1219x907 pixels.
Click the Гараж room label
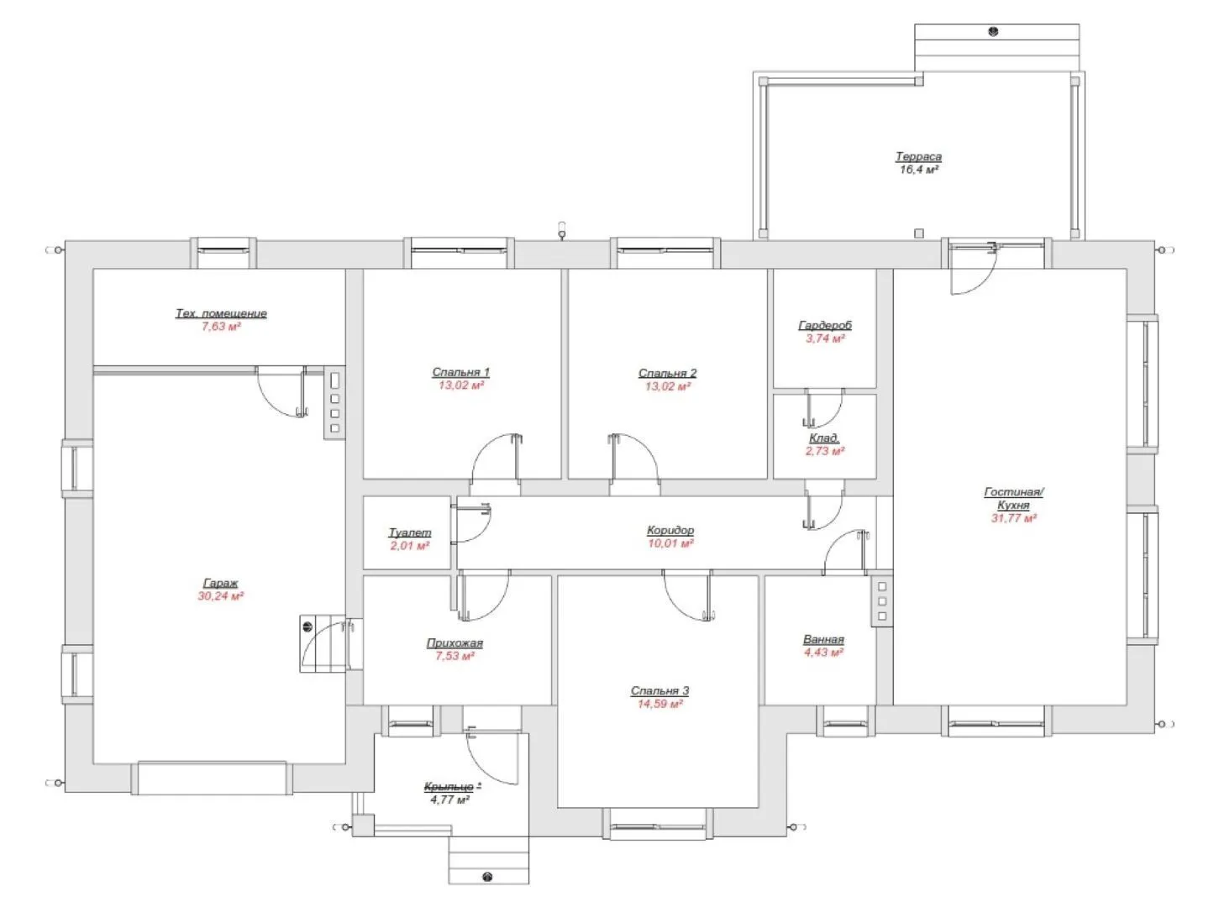[x=220, y=583]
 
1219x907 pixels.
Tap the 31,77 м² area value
[x=1013, y=517]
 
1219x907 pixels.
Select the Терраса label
[x=918, y=156]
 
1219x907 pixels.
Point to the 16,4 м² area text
[x=918, y=170]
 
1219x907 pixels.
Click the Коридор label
[x=670, y=530]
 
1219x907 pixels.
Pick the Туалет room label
[x=410, y=533]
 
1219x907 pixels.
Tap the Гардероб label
[x=825, y=325]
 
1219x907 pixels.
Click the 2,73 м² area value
[x=824, y=451]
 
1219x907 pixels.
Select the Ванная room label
[x=823, y=639]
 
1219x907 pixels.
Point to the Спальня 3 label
[x=659, y=690]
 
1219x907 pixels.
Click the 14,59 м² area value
[x=659, y=704]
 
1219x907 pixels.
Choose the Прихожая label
[x=454, y=642]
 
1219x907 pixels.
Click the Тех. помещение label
[x=221, y=314]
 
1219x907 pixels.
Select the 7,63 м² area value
[x=221, y=327]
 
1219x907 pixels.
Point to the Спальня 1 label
[x=460, y=372]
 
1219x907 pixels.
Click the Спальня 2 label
[x=667, y=373]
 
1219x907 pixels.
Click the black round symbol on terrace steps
[x=992, y=32]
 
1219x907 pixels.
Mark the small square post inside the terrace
[x=919, y=233]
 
